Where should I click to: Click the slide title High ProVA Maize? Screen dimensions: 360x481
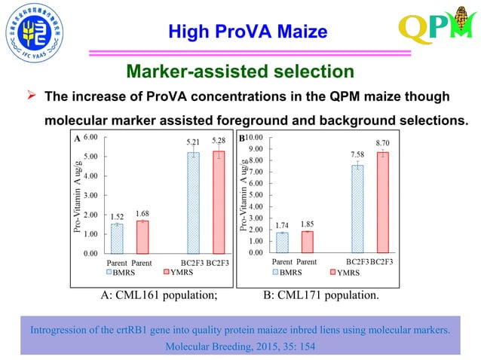pos(247,32)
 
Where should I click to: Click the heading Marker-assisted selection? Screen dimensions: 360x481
pos(240,72)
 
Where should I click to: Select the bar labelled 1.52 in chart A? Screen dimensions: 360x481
pos(117,239)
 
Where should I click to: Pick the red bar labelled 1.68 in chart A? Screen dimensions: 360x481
pos(142,236)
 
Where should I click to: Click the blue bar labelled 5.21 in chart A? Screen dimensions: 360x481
pos(194,203)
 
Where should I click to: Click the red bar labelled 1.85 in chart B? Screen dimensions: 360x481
pos(307,242)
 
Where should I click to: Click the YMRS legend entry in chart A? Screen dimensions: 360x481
pos(178,273)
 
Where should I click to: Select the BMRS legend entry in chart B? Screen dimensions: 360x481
pos(290,273)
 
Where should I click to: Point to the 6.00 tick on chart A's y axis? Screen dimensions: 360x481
pos(90,137)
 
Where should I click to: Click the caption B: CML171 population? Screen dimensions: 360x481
pos(320,295)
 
